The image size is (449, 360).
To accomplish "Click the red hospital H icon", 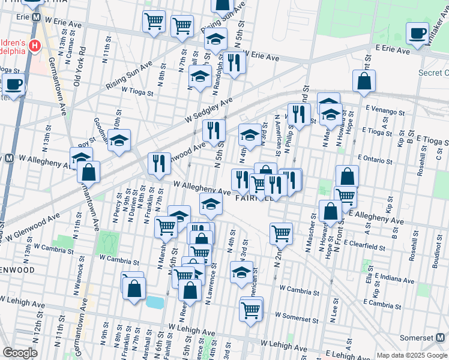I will [x=35, y=45].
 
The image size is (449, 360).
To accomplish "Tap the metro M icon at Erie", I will [x=36, y=18].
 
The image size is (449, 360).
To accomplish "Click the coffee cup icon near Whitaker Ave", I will [x=417, y=33].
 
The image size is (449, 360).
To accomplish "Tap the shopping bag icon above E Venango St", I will [x=364, y=81].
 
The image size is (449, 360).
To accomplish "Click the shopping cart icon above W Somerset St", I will [x=252, y=310].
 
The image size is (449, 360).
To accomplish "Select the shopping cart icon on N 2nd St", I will [x=281, y=233].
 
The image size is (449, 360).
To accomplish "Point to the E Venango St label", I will [x=384, y=111].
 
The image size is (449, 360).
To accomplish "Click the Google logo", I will [x=20, y=353].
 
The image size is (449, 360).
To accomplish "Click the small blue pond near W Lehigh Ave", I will [x=155, y=302].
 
